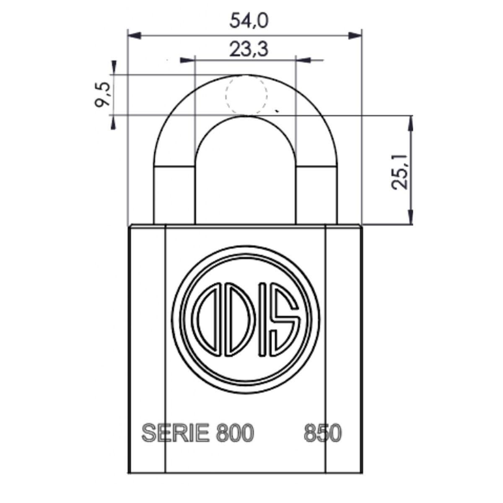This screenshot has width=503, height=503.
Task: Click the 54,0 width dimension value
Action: (249, 21)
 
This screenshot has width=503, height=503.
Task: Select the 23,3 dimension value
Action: (249, 49)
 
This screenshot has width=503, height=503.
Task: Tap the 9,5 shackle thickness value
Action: (102, 95)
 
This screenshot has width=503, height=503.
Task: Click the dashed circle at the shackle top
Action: (246, 95)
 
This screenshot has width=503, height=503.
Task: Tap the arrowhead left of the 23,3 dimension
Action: (187, 60)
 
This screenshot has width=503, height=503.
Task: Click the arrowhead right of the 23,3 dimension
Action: (304, 60)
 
